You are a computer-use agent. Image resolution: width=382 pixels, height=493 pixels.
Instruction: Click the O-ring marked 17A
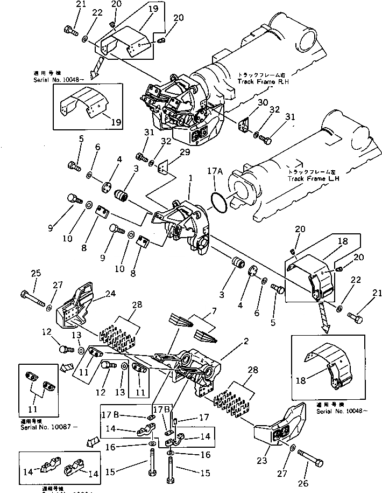(x=217, y=203)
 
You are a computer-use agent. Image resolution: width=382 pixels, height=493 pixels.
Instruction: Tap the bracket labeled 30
(x=245, y=124)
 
